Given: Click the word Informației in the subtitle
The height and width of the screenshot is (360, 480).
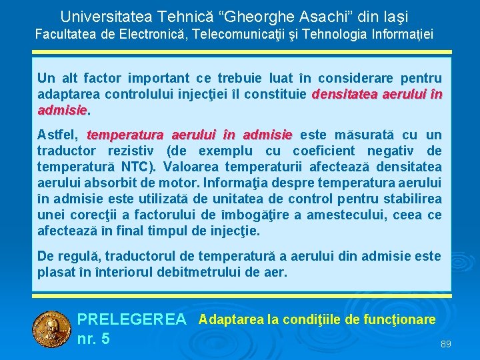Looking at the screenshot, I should [x=400, y=33].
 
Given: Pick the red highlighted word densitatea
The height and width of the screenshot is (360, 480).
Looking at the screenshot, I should [x=346, y=94].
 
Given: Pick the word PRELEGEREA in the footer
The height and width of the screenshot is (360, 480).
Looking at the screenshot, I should [x=132, y=320].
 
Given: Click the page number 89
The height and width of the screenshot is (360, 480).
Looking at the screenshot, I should [x=446, y=344].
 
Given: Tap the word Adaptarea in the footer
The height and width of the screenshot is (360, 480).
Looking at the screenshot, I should [x=231, y=319].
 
